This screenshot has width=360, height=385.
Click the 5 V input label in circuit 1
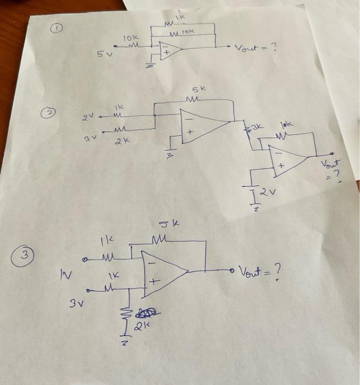point(104,54)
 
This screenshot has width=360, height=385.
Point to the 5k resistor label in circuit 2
point(198,89)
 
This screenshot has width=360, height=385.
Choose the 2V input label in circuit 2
point(88,117)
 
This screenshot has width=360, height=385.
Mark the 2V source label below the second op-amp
point(267,193)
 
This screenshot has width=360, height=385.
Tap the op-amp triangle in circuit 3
point(162,270)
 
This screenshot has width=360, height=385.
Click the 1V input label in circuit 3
point(65,272)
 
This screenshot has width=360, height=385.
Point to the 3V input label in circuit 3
point(75,302)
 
